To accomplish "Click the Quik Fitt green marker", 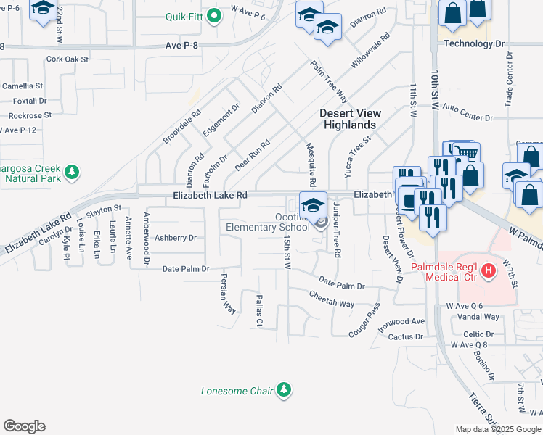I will [x=213, y=17].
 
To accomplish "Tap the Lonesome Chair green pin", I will [x=284, y=391].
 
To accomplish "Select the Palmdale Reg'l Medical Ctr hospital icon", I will [x=489, y=270].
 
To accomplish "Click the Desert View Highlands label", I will [x=349, y=119].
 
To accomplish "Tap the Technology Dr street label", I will [x=474, y=43].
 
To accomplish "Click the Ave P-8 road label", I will [x=182, y=46].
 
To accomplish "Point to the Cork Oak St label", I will [x=67, y=59].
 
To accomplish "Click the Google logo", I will [x=24, y=426].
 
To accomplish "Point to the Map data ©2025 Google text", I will [x=498, y=429].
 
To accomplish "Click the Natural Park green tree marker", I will [x=71, y=172].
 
